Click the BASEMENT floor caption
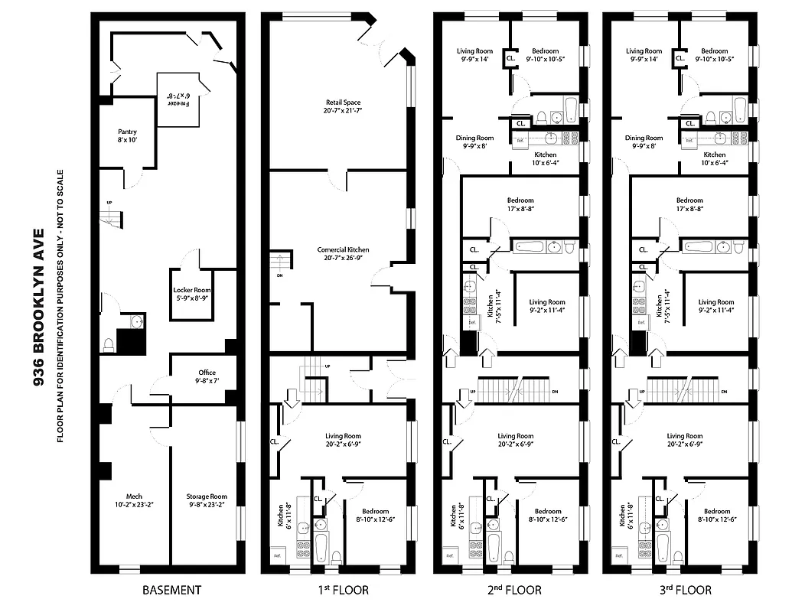[x=172, y=590]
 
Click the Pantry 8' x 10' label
[x=127, y=136]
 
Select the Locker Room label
[x=191, y=295]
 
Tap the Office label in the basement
[x=207, y=376]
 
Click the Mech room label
[x=134, y=500]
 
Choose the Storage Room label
[x=207, y=500]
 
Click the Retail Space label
[x=342, y=106]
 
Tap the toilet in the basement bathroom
[x=109, y=345]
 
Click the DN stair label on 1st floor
[x=279, y=275]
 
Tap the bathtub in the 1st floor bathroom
[x=320, y=546]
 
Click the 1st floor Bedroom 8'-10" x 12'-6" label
[x=375, y=516]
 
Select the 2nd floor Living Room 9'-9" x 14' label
[x=474, y=54]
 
